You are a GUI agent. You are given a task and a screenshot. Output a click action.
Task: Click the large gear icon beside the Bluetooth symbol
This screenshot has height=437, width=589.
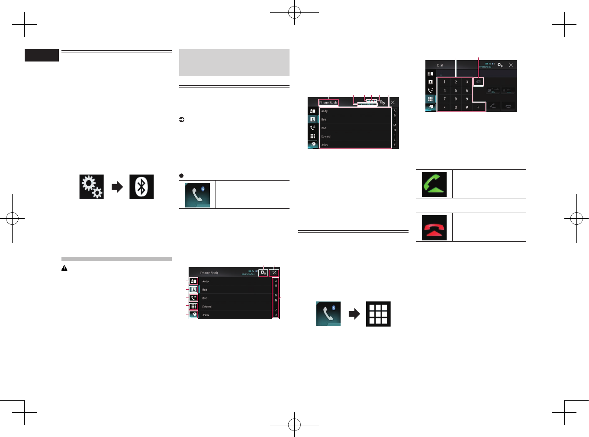[91, 187]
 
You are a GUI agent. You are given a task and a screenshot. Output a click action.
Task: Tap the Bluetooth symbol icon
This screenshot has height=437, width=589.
[142, 187]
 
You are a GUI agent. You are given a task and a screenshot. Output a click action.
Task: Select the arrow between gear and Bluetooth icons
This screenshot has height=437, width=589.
[117, 187]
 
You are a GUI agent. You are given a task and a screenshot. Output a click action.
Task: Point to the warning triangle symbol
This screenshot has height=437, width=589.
[64, 269]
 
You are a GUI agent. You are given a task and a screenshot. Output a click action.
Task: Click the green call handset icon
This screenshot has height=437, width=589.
[434, 184]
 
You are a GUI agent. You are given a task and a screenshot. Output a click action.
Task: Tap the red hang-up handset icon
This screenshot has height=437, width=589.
[434, 227]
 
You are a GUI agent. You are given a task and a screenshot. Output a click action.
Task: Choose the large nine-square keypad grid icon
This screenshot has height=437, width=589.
[378, 314]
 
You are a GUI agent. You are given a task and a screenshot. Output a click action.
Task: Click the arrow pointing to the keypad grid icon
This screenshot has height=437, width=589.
[354, 314]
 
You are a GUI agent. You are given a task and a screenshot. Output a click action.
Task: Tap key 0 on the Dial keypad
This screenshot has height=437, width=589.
[456, 107]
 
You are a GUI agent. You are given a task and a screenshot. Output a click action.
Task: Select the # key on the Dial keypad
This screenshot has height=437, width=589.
[467, 107]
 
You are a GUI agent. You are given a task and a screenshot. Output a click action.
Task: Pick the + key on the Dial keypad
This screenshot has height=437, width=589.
[478, 107]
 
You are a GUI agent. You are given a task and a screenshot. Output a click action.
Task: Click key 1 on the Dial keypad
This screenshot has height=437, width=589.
[444, 82]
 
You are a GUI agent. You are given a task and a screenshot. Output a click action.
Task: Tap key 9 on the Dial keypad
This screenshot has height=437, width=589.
[467, 99]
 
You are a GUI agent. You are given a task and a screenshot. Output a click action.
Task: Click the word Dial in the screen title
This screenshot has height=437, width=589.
[440, 65]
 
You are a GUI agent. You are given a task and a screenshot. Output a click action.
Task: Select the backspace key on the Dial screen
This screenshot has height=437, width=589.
[478, 82]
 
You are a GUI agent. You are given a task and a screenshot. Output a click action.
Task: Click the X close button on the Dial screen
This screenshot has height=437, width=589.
[511, 65]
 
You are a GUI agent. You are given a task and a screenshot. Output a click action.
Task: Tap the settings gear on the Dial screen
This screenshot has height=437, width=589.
[500, 65]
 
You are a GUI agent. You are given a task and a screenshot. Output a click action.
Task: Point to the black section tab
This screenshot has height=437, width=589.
[42, 55]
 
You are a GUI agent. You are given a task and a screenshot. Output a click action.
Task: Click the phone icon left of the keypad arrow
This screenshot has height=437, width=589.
[328, 314]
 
